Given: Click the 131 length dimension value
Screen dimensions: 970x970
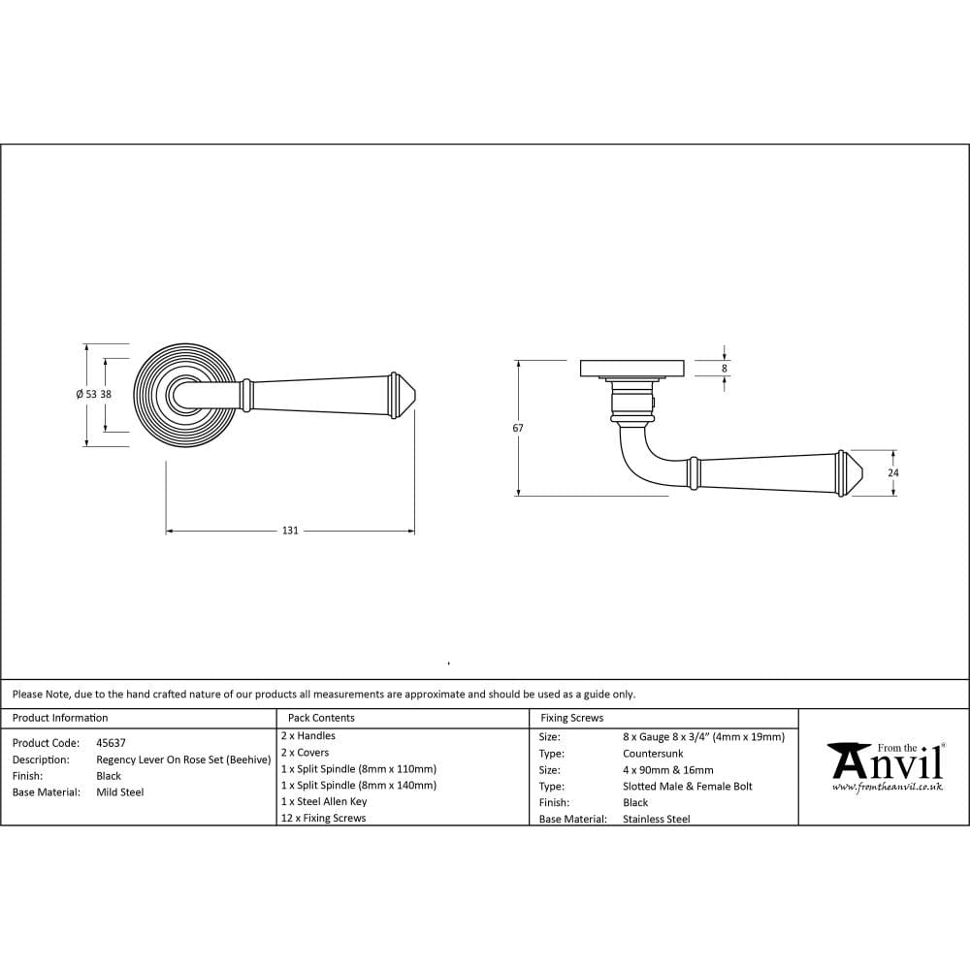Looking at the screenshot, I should click(290, 531).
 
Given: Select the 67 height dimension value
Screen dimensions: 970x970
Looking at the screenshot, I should click(518, 428).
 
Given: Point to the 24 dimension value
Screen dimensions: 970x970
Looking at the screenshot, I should click(892, 472).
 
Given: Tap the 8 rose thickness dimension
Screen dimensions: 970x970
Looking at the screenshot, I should click(724, 369).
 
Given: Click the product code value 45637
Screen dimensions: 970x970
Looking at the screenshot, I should click(112, 743).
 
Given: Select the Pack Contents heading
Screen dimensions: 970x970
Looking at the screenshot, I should click(321, 718).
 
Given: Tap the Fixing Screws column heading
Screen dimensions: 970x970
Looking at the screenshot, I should click(571, 718).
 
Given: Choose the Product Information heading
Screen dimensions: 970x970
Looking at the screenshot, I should click(60, 718).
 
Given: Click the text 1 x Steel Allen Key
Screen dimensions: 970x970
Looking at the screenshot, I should click(324, 801).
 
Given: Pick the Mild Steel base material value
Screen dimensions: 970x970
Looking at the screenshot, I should click(120, 792).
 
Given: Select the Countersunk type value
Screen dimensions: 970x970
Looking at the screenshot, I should click(653, 753).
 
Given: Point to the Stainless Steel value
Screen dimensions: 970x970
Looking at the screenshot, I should click(657, 819).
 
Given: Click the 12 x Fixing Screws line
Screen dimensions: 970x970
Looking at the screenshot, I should click(323, 818).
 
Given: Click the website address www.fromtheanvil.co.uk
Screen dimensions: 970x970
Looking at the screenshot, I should click(887, 787).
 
